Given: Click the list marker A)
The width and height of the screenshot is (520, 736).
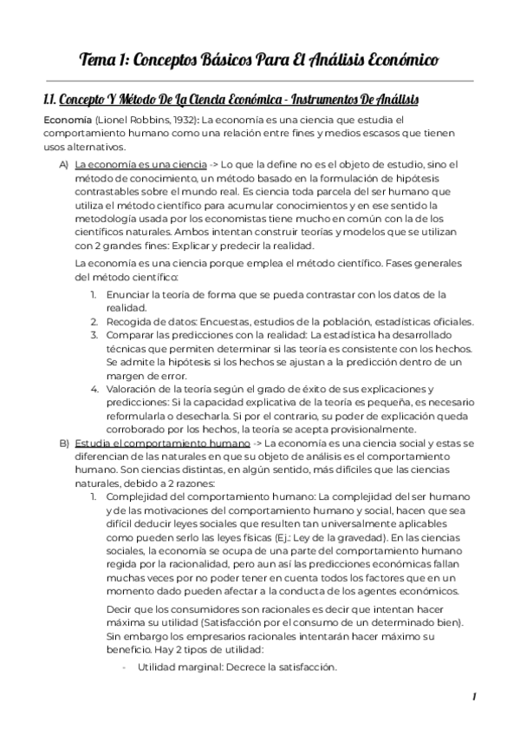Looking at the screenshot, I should [64, 164].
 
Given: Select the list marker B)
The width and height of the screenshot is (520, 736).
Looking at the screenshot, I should [64, 444].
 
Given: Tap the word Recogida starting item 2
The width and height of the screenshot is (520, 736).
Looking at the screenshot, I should [129, 321].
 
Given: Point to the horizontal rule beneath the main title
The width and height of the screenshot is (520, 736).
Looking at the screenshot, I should [259, 81].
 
